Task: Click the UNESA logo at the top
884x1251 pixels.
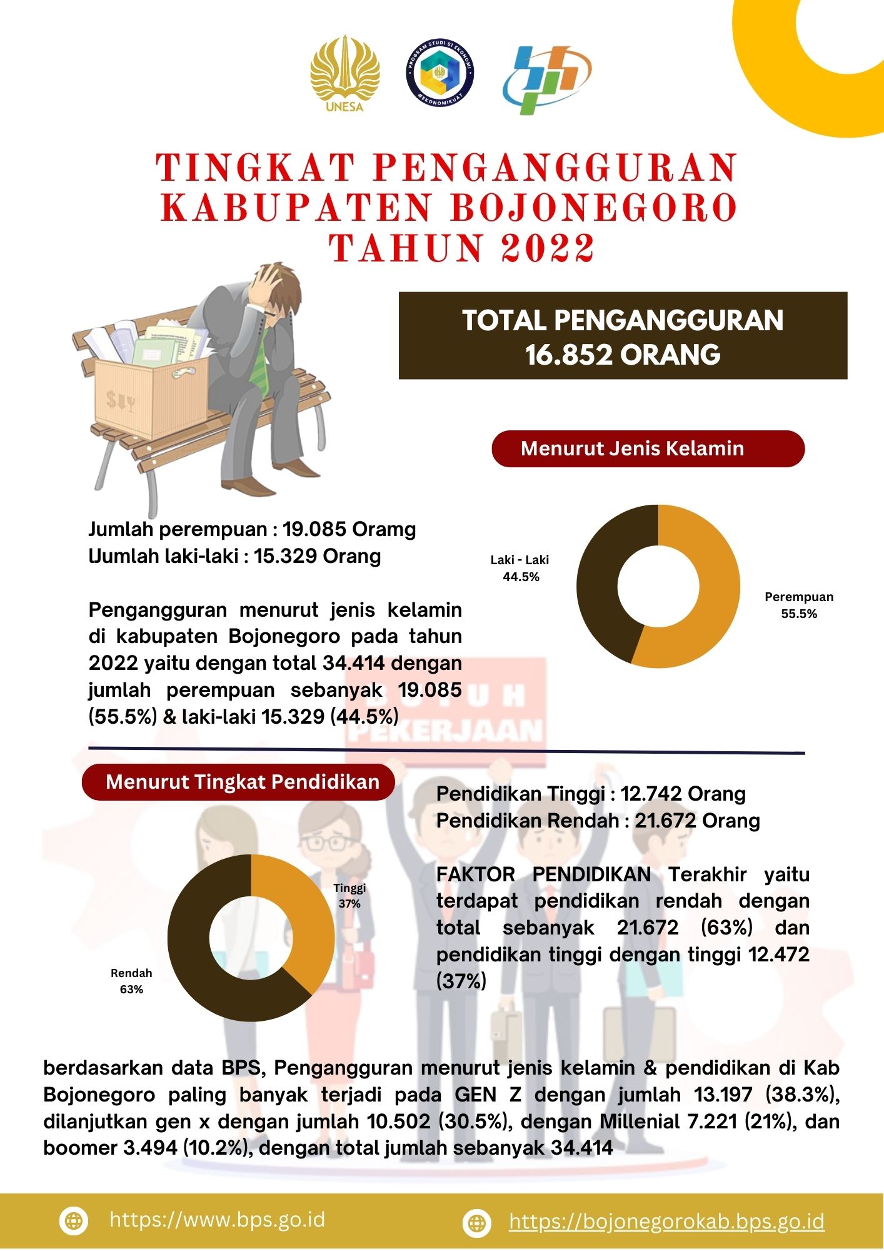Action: coord(344,74)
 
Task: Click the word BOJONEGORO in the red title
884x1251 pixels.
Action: coord(594,208)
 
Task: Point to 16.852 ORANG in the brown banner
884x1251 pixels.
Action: coord(623,355)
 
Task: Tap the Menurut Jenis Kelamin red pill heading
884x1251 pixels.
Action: coord(648,448)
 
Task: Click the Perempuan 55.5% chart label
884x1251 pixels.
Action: coord(798,605)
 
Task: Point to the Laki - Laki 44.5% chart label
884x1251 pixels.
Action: coord(520,568)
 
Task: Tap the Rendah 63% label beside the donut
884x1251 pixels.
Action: coord(131,981)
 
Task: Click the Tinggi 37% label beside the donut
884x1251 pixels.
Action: coord(349,895)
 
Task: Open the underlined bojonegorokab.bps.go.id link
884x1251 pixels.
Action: coord(666,1221)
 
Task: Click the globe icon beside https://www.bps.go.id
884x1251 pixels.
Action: coord(74,1221)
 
